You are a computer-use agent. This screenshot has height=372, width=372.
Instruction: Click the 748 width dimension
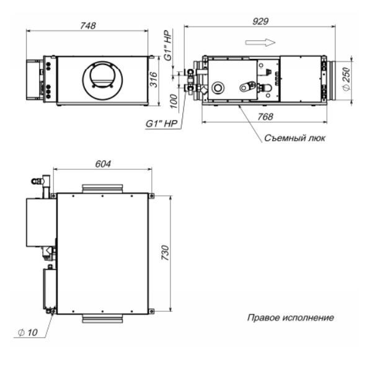coord(88,25)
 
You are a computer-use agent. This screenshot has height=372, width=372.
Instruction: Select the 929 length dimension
coord(260,22)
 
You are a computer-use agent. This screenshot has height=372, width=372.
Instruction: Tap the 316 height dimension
coord(154,79)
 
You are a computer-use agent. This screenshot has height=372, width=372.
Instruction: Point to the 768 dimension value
coord(265,117)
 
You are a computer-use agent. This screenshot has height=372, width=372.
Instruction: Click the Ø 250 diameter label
coord(347,78)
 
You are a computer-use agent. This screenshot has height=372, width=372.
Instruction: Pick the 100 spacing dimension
coord(174,101)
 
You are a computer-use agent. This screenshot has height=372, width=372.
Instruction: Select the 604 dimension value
coord(103,164)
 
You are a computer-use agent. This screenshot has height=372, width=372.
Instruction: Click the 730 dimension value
coord(166,253)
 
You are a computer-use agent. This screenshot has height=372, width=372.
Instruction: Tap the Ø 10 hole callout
coord(28,332)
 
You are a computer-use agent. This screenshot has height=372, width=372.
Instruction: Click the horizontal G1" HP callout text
coord(162,123)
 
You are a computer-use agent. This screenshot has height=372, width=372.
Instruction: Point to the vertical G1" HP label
coord(168,45)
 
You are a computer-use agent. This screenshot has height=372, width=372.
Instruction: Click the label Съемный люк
coord(294,138)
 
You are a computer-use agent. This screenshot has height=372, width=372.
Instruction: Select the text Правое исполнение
coord(291,317)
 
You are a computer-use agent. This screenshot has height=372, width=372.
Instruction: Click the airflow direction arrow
coord(260,42)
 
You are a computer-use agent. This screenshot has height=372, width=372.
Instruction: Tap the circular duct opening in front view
coord(103,81)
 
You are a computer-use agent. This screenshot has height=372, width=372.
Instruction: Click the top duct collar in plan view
coord(102,189)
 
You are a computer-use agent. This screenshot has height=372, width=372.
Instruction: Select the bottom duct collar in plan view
coord(102,319)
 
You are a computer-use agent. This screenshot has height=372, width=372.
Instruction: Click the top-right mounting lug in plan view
coord(151,196)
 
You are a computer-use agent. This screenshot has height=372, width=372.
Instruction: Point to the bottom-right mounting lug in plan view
coord(151,311)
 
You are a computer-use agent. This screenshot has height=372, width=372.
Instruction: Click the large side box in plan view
coord(42,223)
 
